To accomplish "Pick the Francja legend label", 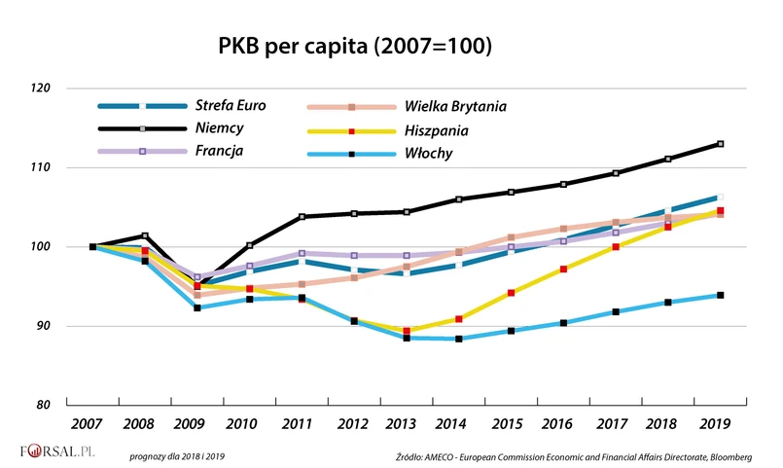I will click(x=221, y=151).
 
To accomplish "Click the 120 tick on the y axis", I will click(x=40, y=89).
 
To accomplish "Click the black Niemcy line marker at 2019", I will click(x=720, y=144).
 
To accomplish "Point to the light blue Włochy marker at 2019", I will click(x=720, y=295).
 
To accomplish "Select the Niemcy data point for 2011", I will click(x=303, y=216).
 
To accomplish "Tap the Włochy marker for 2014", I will click(x=459, y=339).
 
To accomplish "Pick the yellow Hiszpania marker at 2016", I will click(x=563, y=269).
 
